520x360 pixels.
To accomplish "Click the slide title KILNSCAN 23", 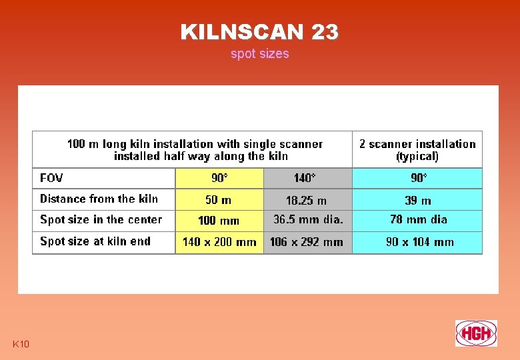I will [259, 31].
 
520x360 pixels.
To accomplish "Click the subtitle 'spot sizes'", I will [259, 54].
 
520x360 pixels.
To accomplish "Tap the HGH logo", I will [476, 333].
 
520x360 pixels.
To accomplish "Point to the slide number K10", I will [21, 344].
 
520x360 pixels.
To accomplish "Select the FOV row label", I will [51, 178].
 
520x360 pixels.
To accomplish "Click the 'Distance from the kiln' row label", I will [99, 199].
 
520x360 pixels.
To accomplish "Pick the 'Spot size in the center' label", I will [101, 219].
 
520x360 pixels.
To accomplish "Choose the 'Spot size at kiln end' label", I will [95, 241].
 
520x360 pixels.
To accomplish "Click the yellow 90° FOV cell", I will [219, 178].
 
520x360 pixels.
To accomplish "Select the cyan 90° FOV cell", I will [418, 178].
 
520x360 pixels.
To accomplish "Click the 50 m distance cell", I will [219, 199].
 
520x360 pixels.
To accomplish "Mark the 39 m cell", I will [418, 200].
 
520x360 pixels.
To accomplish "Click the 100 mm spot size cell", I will [219, 221].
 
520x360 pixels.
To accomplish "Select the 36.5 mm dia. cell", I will [308, 219].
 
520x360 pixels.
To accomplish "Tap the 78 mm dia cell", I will [418, 219].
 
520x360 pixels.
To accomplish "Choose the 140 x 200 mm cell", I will [219, 242].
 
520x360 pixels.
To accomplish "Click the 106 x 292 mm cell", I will [307, 242].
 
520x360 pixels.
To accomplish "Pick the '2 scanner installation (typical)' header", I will [417, 150].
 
